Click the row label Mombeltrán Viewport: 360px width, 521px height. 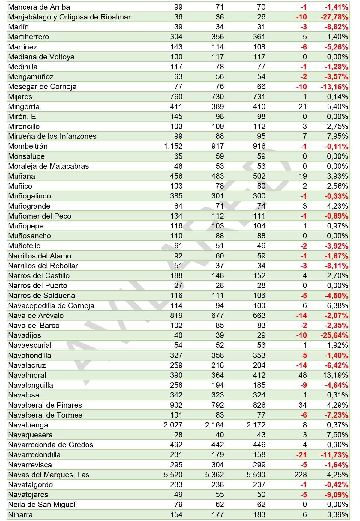28,146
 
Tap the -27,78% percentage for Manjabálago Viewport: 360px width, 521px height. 334,17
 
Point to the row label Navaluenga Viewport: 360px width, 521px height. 28,425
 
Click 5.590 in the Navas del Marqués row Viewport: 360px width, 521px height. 256,475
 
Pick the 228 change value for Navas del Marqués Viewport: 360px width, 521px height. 301,475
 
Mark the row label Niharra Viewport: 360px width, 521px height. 20,515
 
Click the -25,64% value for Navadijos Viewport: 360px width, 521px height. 334,335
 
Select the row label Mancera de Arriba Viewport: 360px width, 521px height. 39,7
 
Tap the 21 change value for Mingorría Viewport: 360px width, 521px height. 303,107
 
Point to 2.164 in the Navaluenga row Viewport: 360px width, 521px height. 214,425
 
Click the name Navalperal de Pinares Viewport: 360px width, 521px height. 45,405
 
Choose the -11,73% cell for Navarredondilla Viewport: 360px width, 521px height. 334,455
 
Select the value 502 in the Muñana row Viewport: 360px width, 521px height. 259,176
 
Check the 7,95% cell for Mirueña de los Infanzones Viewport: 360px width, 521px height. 337,136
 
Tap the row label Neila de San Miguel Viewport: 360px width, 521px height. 42,505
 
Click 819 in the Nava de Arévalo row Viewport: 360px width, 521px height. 176,316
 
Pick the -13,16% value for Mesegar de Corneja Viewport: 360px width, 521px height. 334,87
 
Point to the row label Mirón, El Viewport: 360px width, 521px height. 23,117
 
